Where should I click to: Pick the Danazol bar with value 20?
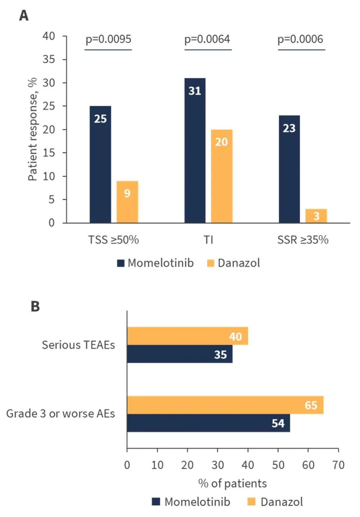221,176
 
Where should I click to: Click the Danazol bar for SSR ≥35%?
316,216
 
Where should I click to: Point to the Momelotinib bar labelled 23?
289,169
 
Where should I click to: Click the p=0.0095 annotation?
108,39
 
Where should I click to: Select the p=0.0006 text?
300,39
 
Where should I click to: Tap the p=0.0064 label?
207,39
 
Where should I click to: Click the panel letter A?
24,15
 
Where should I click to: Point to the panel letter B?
35,306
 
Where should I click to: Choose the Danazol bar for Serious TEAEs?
187,336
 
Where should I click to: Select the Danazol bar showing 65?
225,405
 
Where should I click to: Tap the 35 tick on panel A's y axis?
49,59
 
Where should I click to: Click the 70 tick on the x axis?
338,465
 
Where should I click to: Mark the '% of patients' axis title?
232,483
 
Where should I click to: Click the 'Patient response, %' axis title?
32,129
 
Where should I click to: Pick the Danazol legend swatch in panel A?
211,263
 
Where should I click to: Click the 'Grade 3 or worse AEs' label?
60,414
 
